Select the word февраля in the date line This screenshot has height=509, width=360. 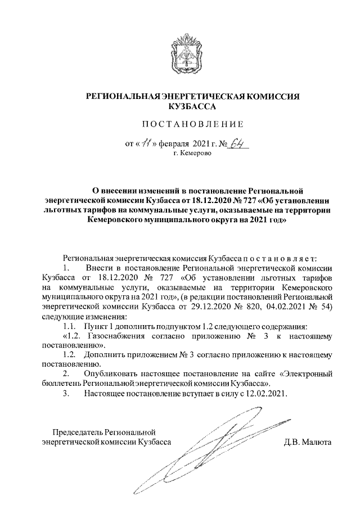coord(176,144)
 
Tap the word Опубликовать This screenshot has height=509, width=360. coord(111,373)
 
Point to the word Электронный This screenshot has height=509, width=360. coord(305,373)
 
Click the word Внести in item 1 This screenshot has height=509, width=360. coord(99,268)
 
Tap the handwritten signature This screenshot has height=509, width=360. coord(225,450)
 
